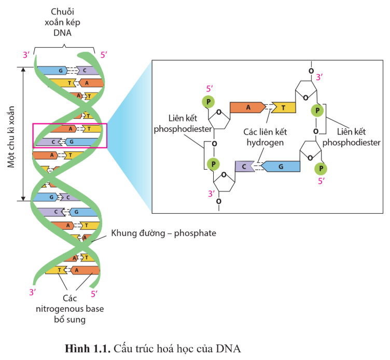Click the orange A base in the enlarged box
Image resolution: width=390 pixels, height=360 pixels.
247,107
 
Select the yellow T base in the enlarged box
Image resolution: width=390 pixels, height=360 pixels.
284,107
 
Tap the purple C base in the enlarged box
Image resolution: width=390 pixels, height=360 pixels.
245,167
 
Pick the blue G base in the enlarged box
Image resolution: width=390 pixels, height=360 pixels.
281,167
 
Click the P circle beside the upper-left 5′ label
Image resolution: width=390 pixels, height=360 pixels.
208,102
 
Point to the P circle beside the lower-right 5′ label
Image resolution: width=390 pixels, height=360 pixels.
321,169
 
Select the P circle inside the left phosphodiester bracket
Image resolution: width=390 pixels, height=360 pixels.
213,164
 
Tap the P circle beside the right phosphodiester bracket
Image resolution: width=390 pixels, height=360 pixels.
317,110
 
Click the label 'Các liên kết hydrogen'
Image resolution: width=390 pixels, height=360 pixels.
265,137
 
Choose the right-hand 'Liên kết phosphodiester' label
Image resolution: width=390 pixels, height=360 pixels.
352,137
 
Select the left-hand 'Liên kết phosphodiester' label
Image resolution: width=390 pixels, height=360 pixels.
183,123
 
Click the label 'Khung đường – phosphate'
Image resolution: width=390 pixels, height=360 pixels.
163,233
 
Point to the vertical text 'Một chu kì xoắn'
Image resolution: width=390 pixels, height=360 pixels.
11,136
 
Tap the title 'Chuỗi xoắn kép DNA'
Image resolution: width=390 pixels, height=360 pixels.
62,22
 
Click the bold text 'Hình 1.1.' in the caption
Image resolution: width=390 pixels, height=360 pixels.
88,349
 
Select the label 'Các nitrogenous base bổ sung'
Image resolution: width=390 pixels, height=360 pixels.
70,309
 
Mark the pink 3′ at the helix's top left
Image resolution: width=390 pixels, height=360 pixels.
26,54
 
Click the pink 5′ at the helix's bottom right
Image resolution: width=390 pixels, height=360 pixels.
94,294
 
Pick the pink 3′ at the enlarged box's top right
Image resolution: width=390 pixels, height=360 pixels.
319,77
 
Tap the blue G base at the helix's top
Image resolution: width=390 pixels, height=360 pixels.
52,71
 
